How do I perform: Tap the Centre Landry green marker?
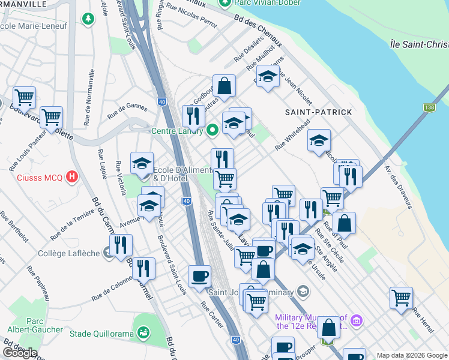[x=212, y=130]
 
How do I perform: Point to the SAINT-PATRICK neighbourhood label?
[x=318, y=112]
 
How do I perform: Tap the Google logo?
[x=19, y=352]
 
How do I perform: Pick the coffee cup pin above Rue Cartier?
[x=199, y=276]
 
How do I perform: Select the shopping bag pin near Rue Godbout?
[x=224, y=86]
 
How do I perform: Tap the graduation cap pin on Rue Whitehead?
[x=319, y=141]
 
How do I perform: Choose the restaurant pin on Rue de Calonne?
[x=143, y=268]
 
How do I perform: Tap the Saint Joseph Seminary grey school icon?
[x=304, y=292]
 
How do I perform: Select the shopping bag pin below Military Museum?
[x=328, y=328]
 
